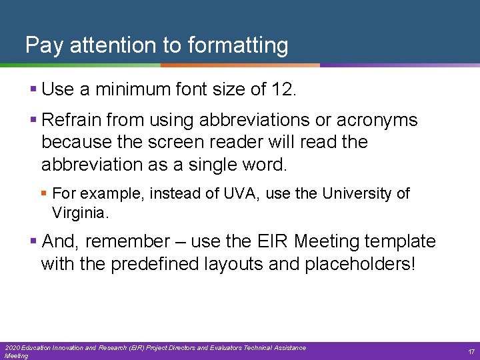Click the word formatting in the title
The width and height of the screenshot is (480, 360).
click(238, 45)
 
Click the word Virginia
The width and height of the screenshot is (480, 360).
click(80, 213)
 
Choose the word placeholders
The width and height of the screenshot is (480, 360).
click(360, 263)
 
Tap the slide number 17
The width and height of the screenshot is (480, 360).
click(471, 351)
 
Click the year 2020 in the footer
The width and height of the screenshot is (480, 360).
click(12, 348)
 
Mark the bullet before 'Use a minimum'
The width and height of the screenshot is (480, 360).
click(34, 88)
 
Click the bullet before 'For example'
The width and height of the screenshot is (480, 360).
click(45, 193)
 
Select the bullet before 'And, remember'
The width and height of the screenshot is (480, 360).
click(34, 241)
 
